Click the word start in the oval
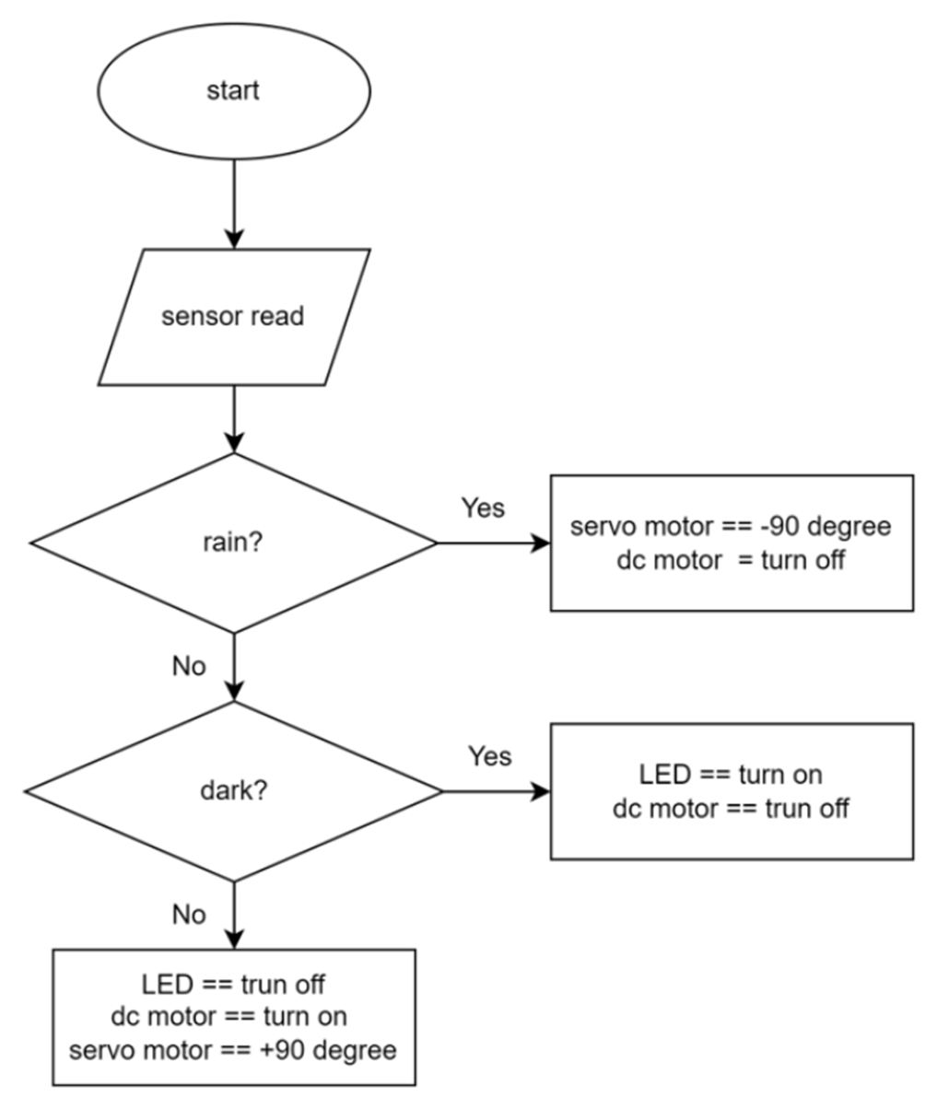pos(233,91)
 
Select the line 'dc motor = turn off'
pos(731,560)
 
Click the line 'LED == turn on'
pos(731,775)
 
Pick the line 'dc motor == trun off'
pos(731,809)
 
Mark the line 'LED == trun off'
pos(233,985)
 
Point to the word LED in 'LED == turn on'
pos(664,775)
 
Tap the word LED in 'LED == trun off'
pos(167,985)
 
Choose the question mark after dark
pos(261,791)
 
